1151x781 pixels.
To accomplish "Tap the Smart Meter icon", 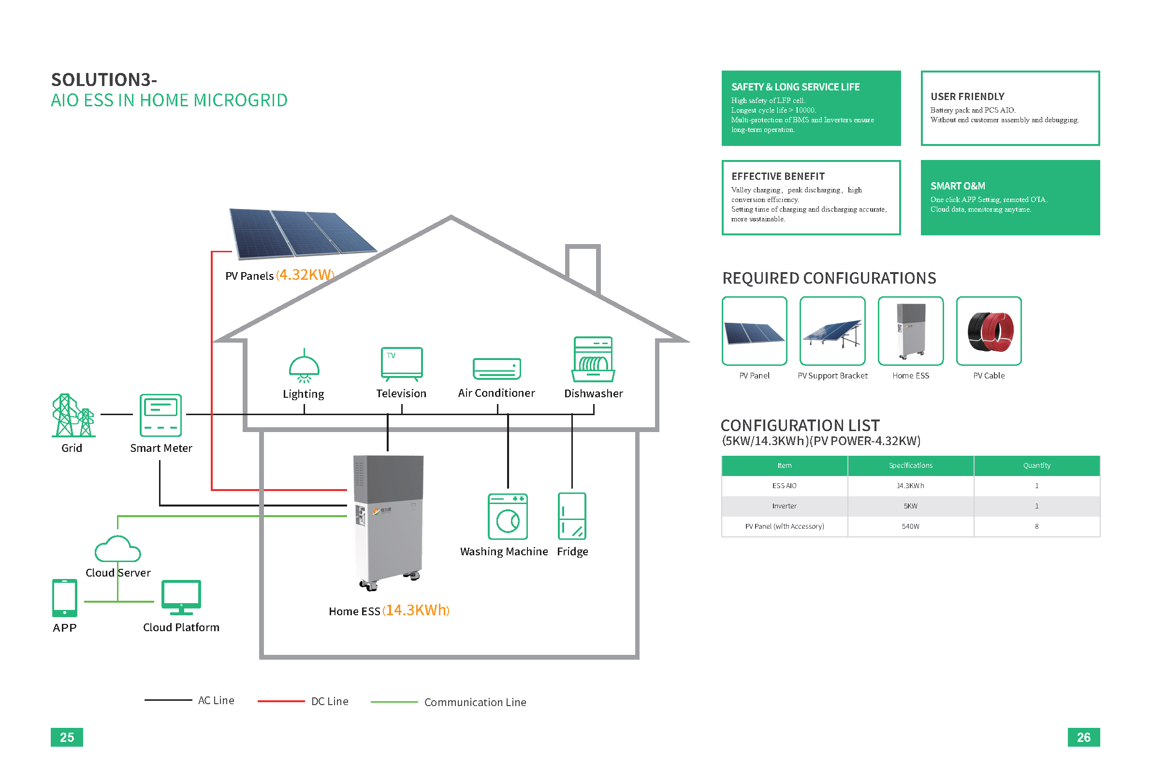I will (160, 415).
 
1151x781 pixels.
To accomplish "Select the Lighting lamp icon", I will (304, 367).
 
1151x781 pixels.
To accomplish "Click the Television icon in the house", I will (401, 364).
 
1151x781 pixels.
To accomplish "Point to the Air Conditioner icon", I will (497, 369).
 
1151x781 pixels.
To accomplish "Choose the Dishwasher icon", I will (593, 359).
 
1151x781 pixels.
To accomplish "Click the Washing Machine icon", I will (508, 516).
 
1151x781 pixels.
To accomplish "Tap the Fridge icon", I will (571, 516).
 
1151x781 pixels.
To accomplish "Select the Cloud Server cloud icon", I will (117, 549).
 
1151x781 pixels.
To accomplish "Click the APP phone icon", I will (64, 597).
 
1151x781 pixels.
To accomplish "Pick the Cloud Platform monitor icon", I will (181, 597).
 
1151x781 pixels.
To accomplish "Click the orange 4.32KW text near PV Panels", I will (305, 275).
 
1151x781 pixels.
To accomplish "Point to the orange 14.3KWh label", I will (416, 610).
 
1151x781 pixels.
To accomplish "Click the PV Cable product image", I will (989, 331).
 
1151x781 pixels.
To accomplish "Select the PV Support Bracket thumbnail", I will (832, 331).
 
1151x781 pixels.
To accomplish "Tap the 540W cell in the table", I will (910, 526).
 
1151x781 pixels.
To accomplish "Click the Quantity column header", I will (1036, 465).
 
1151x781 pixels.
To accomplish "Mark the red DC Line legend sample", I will (281, 701).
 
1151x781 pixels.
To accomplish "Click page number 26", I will (1083, 737).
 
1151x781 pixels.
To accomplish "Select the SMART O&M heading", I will (957, 186).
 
